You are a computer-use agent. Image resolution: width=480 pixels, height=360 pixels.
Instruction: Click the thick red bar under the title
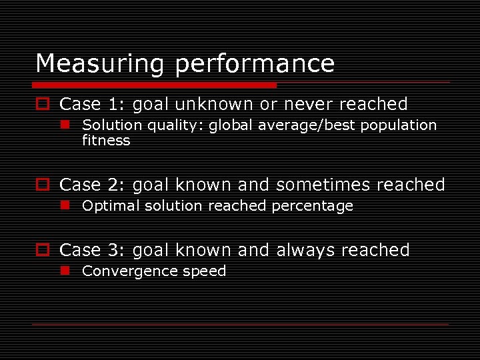pyautogui.click(x=155, y=85)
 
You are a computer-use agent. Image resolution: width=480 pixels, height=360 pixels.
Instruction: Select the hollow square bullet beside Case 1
pyautogui.click(x=43, y=104)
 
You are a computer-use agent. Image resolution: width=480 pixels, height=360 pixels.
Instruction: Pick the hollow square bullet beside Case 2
pyautogui.click(x=43, y=185)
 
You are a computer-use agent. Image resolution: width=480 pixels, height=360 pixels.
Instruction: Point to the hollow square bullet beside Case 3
pyautogui.click(x=43, y=251)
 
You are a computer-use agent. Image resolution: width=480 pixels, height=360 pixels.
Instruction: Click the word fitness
pyautogui.click(x=106, y=141)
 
